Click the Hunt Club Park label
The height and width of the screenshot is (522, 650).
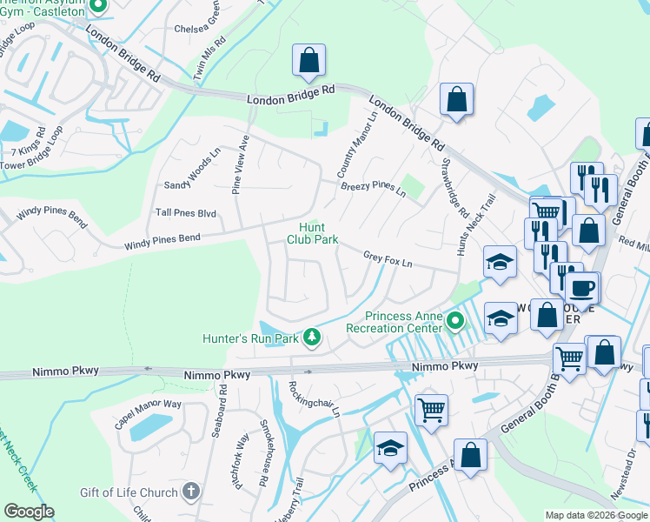[313, 233]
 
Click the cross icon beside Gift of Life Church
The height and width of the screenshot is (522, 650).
[190, 492]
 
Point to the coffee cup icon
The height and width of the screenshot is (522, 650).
[581, 288]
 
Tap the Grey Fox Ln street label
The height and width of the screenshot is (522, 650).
[387, 258]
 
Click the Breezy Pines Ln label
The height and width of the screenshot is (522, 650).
[373, 187]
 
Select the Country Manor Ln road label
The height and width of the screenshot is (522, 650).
[363, 143]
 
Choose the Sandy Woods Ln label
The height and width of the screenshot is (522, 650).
[192, 184]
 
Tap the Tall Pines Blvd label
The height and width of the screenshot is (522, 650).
[185, 212]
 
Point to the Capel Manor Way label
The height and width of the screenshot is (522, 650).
[148, 413]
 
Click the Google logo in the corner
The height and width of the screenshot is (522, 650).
[29, 512]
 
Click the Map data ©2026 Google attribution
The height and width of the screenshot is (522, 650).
[596, 515]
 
